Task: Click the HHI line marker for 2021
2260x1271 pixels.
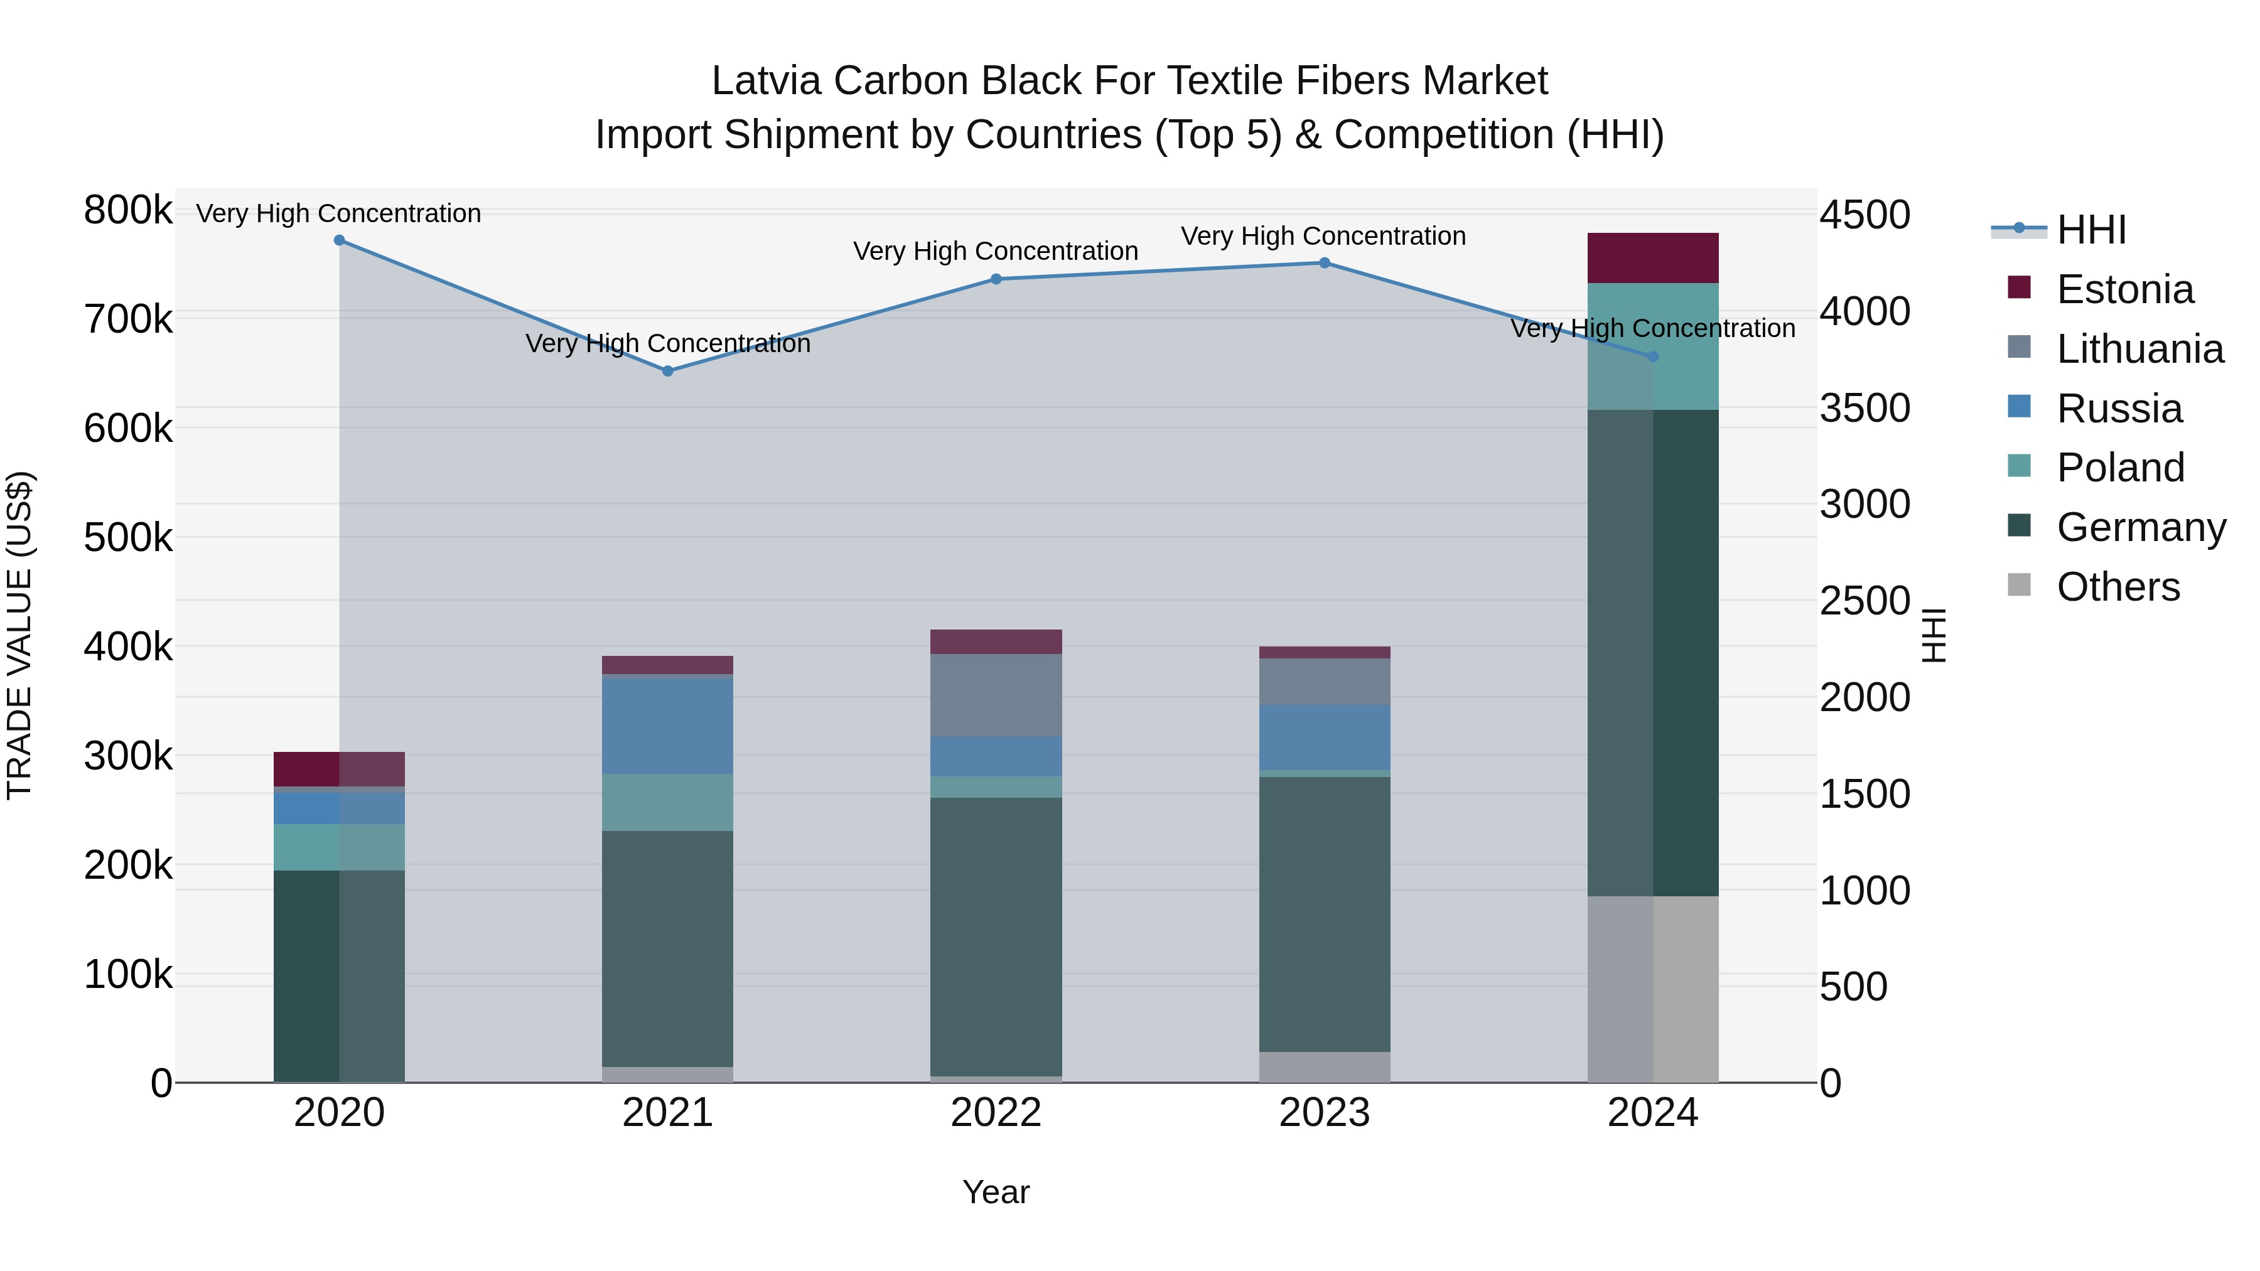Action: pos(668,371)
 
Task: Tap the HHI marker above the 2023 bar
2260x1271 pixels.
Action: pos(1325,263)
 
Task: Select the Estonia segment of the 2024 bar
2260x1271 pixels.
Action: pos(1653,258)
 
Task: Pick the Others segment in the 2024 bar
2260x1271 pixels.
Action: pos(1653,989)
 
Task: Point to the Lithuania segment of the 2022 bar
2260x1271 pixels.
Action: pos(996,695)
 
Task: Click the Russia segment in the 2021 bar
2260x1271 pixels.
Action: pos(668,726)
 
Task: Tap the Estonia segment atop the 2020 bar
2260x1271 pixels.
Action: pos(340,770)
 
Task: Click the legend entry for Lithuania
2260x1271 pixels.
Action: pos(2139,348)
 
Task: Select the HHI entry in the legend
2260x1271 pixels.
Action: pos(2090,230)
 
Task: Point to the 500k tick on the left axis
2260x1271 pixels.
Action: pos(128,538)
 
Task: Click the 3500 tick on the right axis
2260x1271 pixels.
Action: pos(1864,408)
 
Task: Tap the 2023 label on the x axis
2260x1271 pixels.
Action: pos(1324,1113)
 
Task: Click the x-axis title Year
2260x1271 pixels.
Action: pos(996,1192)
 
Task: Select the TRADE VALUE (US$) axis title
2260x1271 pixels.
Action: pos(19,635)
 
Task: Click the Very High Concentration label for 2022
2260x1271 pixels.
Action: pos(996,251)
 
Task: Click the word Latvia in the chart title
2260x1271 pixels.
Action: pos(765,81)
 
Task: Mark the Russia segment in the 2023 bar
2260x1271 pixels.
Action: pos(1325,737)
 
